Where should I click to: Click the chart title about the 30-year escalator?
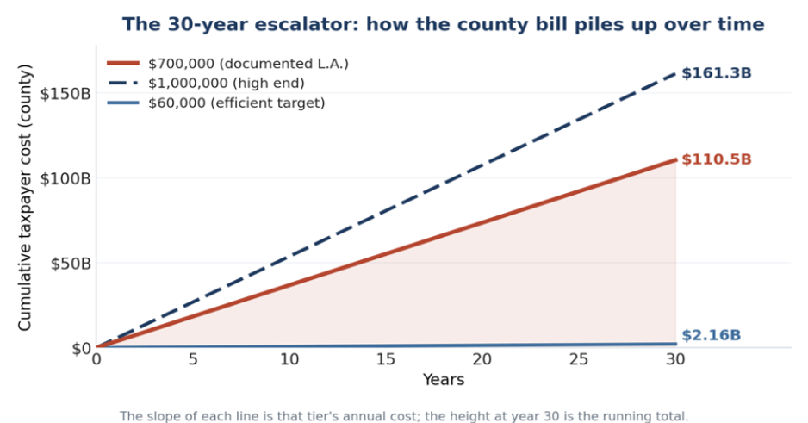tap(443, 24)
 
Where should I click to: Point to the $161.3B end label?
tap(717, 73)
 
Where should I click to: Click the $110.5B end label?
tap(717, 159)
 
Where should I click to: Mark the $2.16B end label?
tap(712, 335)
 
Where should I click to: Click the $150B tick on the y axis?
tap(65, 94)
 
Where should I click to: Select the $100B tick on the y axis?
tap(65, 179)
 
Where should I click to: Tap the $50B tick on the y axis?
tap(71, 264)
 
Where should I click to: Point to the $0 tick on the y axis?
tap(81, 348)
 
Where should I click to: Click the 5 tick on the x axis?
tap(193, 359)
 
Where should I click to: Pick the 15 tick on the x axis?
tap(385, 359)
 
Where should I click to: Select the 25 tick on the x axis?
tap(579, 359)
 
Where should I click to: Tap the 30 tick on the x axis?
tap(675, 359)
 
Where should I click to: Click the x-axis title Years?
tap(444, 380)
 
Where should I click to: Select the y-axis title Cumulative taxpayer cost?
tap(24, 196)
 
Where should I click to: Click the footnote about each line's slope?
tap(404, 416)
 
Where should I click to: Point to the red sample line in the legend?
tap(123, 64)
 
